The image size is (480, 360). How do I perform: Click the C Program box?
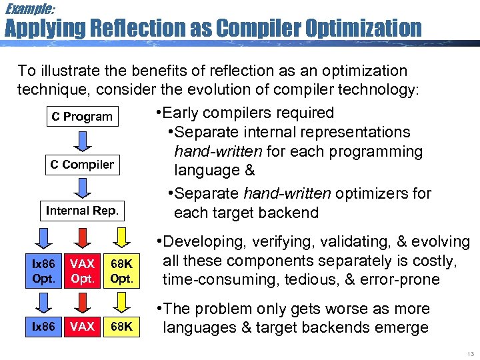point(82,117)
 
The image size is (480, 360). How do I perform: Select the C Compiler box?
point(82,165)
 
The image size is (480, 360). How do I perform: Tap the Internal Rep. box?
point(82,211)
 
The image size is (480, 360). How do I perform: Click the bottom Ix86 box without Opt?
point(44,327)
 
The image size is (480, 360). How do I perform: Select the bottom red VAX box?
point(82,327)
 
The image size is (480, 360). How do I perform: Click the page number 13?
point(469,353)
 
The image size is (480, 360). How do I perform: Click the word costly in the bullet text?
point(433,261)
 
